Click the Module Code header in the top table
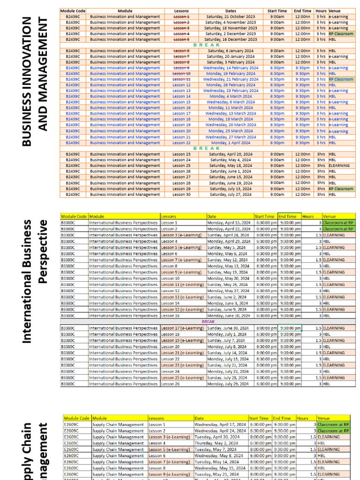point(73,11)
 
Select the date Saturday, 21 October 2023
point(231,16)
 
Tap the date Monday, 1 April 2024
point(231,142)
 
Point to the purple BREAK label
point(208,322)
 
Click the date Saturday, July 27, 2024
point(231,194)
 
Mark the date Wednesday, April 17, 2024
point(220,424)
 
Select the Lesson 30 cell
point(181,194)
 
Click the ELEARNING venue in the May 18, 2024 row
point(339,165)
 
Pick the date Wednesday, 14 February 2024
point(231,68)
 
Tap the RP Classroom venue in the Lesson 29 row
point(341,188)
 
